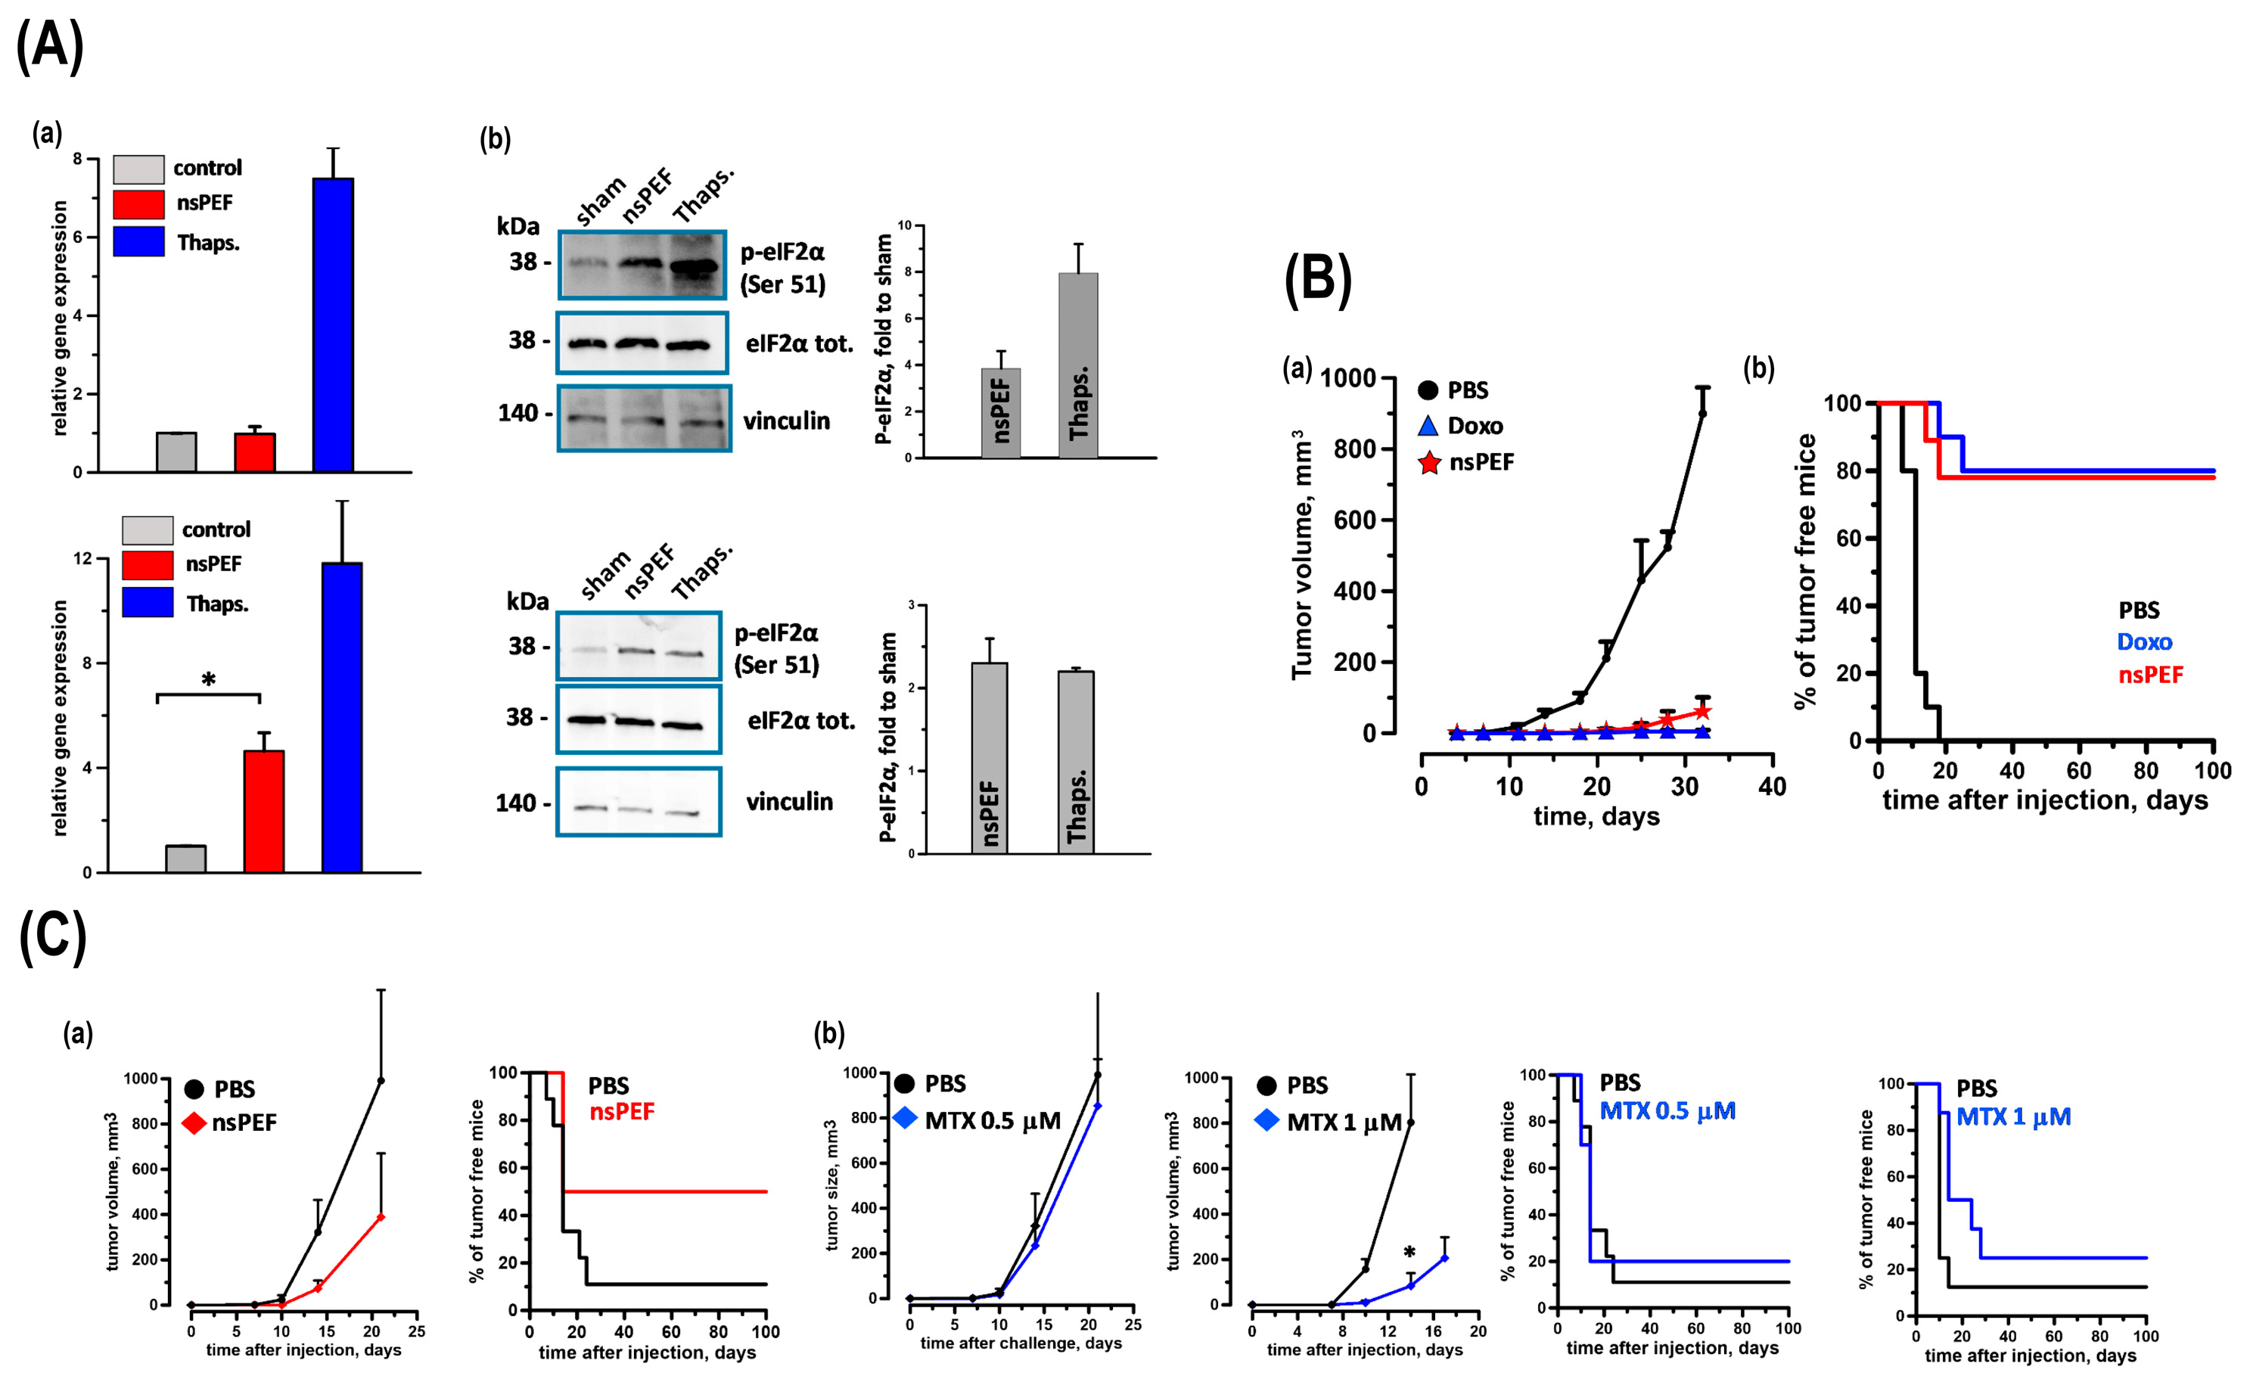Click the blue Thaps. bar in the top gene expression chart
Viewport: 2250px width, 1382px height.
tap(333, 325)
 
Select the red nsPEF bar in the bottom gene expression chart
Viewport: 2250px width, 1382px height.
tap(263, 811)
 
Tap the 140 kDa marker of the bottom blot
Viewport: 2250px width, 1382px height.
tap(515, 803)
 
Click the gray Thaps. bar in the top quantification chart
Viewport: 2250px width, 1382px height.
tap(1077, 365)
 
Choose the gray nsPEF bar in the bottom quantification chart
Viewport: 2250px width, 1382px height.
tap(989, 758)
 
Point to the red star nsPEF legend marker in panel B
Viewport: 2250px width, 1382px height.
tap(1429, 464)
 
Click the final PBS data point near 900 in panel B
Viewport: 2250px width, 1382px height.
tap(1701, 413)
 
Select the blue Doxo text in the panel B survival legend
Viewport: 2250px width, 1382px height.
tap(2144, 641)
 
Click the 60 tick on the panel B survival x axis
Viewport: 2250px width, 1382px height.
tap(2079, 771)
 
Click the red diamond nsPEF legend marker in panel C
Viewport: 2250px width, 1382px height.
tap(194, 1123)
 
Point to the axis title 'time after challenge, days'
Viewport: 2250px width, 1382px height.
tap(1021, 1343)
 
